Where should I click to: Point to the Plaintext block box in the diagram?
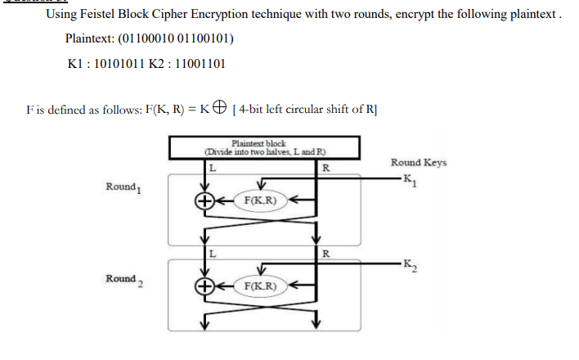[x=263, y=147]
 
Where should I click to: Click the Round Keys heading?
[x=419, y=162]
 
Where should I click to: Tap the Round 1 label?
[x=123, y=187]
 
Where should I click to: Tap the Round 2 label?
[x=123, y=279]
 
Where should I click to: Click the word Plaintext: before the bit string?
[x=92, y=39]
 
